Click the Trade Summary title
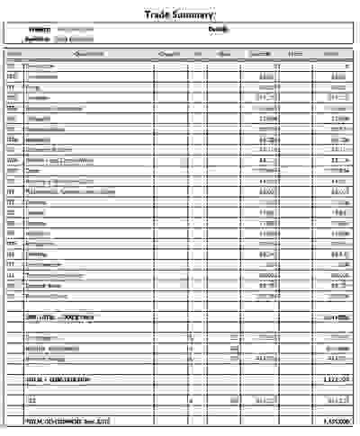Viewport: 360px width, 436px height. (180, 15)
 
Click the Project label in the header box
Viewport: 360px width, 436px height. (39, 30)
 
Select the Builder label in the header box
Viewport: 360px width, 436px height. (37, 40)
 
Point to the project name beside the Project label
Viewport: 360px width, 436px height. (75, 30)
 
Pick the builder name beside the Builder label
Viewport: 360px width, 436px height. (75, 40)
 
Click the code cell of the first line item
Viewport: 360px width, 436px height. (11, 67)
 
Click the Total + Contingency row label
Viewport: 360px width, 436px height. (57, 379)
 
